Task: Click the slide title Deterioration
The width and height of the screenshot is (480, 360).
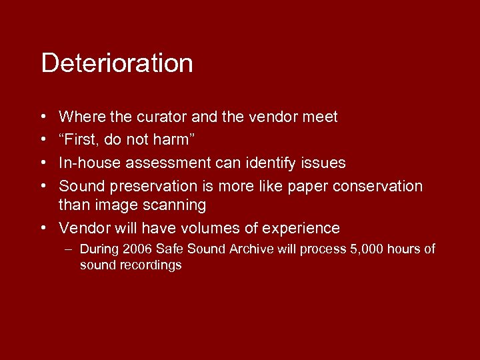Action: click(117, 63)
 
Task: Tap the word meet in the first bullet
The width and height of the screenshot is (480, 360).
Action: click(320, 117)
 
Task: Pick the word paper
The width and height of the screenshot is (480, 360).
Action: click(307, 186)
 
